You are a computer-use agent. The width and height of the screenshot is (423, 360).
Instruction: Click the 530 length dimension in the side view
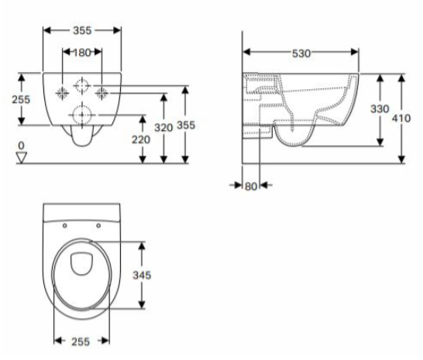(x=301, y=53)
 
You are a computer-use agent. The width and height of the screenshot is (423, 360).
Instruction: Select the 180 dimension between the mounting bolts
(x=82, y=53)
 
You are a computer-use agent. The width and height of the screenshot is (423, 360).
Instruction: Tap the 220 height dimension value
(x=141, y=139)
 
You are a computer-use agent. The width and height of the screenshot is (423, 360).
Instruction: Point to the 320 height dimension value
(x=163, y=128)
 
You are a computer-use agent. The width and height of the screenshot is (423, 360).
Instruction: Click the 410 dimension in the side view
(x=401, y=118)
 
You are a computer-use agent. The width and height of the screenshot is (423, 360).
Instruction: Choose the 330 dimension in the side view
(x=380, y=109)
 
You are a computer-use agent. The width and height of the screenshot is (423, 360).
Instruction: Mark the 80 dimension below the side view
(x=250, y=187)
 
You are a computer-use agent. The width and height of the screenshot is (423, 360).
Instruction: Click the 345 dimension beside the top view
(x=142, y=275)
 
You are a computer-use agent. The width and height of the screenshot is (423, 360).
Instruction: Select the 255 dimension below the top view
(x=81, y=341)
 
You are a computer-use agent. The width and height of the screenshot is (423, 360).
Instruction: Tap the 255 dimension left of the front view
(x=21, y=100)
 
